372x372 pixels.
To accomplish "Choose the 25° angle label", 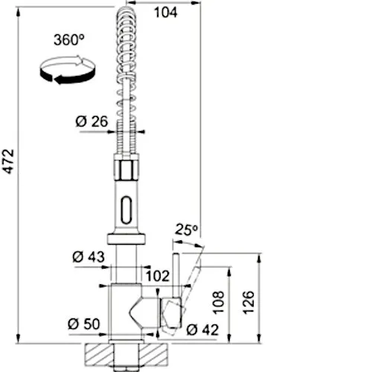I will point(185,231).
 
